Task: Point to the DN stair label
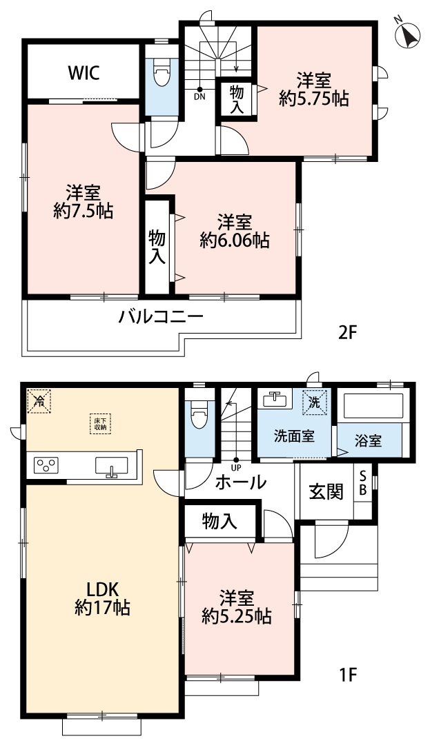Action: [x=200, y=97]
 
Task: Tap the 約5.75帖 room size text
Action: [x=314, y=99]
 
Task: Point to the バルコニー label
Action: [x=161, y=318]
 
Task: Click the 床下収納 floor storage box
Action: [x=100, y=423]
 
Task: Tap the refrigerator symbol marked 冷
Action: [x=39, y=400]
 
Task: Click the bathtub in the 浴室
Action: [x=372, y=407]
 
